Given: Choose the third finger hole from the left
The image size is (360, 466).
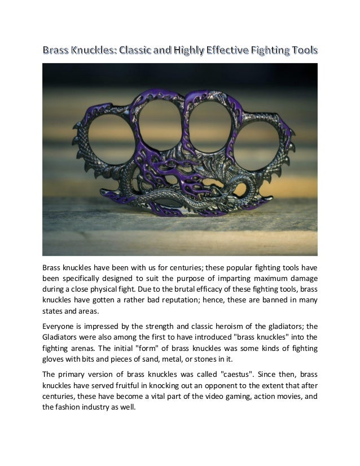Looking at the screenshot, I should pyautogui.click(x=211, y=125).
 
